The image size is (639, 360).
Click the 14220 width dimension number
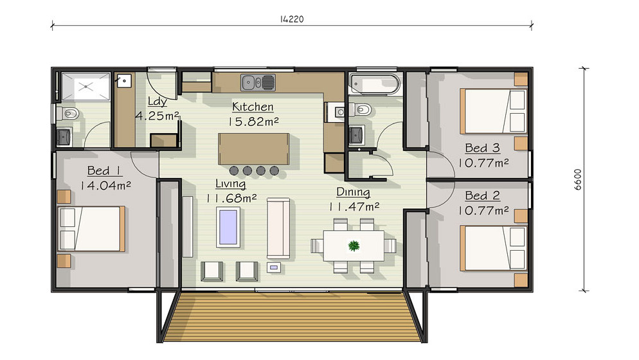click(x=292, y=19)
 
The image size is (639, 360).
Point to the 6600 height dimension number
click(x=578, y=180)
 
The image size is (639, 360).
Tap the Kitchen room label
click(x=253, y=107)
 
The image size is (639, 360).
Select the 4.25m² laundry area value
click(x=157, y=116)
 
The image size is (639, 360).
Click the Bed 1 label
click(x=104, y=170)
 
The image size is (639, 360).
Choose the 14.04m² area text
click(x=105, y=186)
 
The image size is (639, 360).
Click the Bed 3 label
click(x=483, y=148)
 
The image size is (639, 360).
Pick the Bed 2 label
click(x=483, y=195)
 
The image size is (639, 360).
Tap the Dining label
click(x=353, y=192)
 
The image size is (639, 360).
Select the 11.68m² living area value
click(x=231, y=199)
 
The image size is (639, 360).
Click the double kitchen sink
click(x=258, y=83)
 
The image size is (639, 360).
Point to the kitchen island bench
click(x=253, y=148)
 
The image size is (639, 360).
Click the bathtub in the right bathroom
click(x=374, y=84)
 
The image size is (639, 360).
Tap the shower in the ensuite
click(x=85, y=86)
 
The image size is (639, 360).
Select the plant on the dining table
click(x=354, y=246)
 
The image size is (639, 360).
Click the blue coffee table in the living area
click(x=228, y=227)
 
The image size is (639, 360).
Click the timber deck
click(x=292, y=316)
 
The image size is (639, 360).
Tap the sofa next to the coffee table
click(x=278, y=228)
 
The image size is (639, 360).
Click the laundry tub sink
click(x=123, y=81)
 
